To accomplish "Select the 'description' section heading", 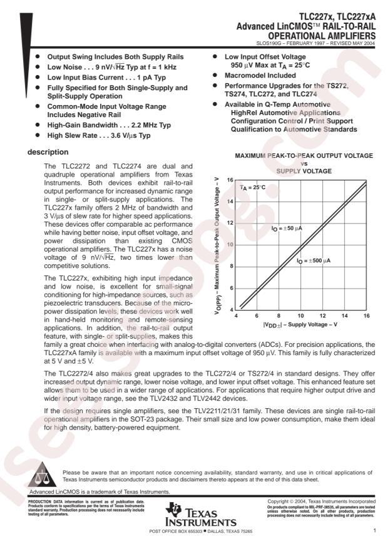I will pos(50,152).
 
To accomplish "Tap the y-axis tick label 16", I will pos(230,180).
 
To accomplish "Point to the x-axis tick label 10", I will pos(300,316).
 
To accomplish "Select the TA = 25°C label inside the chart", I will pos(253,188).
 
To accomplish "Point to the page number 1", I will pos(373,531).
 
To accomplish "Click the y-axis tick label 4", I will pos(231,309).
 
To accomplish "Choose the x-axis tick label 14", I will pos(344,316).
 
